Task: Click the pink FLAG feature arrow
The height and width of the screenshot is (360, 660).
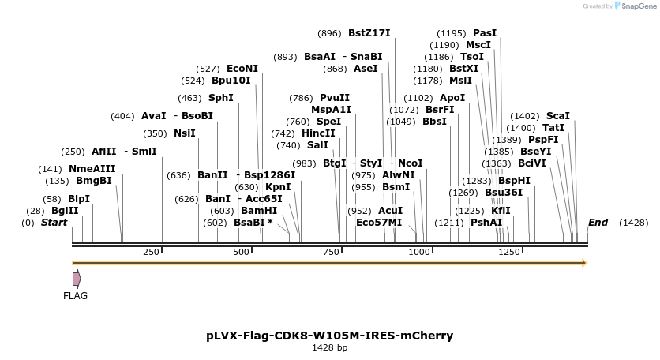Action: pos(77,279)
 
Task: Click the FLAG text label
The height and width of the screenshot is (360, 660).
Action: pos(76,296)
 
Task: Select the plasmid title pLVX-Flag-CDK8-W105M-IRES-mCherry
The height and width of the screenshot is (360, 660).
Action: pos(330,336)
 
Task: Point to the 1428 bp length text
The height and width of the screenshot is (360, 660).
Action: pos(329,347)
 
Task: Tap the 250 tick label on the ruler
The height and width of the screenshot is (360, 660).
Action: pos(151,252)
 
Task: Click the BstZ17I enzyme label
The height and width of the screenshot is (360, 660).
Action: pos(369,33)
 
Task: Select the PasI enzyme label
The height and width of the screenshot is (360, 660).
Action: pos(485,33)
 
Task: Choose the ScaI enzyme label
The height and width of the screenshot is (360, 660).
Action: pos(557,116)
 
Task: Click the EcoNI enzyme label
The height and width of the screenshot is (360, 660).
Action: pos(242,69)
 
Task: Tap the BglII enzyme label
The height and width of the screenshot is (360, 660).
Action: pos(65,211)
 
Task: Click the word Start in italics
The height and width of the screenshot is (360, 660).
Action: pos(54,223)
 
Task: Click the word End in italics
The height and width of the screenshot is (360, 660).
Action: pos(598,223)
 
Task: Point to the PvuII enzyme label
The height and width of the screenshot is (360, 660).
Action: pos(335,98)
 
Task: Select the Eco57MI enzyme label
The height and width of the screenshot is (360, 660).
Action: pos(379,223)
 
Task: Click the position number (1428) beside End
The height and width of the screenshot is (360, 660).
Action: pos(633,223)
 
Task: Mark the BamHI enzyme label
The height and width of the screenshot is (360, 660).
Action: pos(259,211)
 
